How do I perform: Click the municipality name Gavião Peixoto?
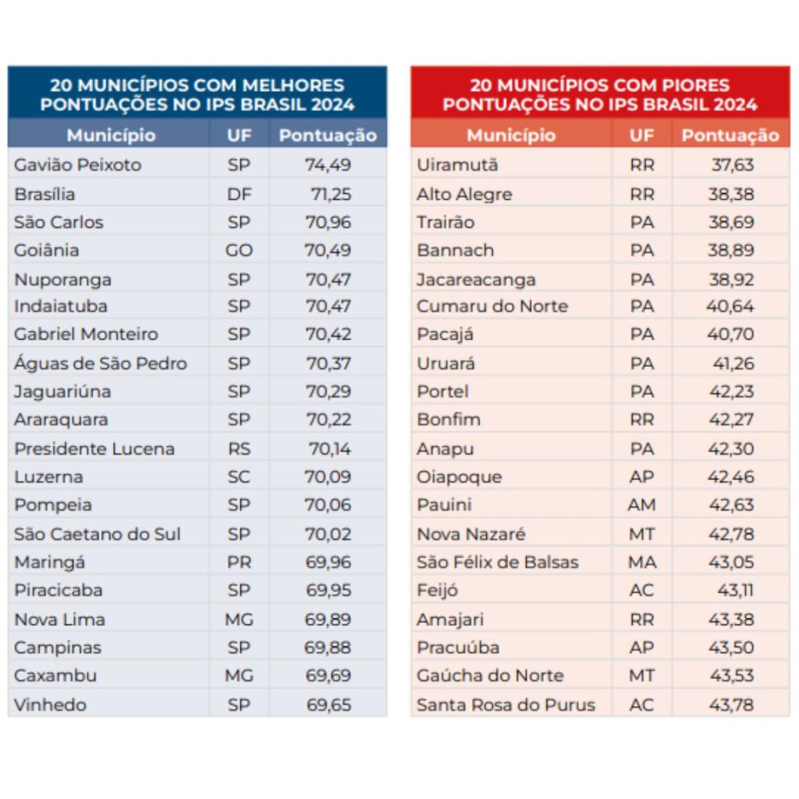point(78,165)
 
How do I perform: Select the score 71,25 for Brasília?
point(331,194)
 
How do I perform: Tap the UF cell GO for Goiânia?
point(239,250)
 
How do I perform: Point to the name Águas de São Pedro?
point(101,364)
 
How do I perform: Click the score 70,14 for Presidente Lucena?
point(330,449)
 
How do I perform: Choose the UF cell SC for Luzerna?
point(239,477)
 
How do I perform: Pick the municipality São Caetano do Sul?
point(97,534)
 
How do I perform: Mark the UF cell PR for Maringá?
point(239,562)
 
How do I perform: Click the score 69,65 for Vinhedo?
point(329,705)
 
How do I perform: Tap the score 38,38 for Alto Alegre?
point(731,194)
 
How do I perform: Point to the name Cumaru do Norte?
point(492,306)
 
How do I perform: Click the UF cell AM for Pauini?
point(641,505)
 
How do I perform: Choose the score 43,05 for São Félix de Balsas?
point(731,562)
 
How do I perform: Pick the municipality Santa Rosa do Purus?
point(506,705)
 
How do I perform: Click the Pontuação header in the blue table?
point(328,136)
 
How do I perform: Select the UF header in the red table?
point(641,135)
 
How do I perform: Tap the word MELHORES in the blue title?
point(293,85)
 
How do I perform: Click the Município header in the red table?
point(511,136)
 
